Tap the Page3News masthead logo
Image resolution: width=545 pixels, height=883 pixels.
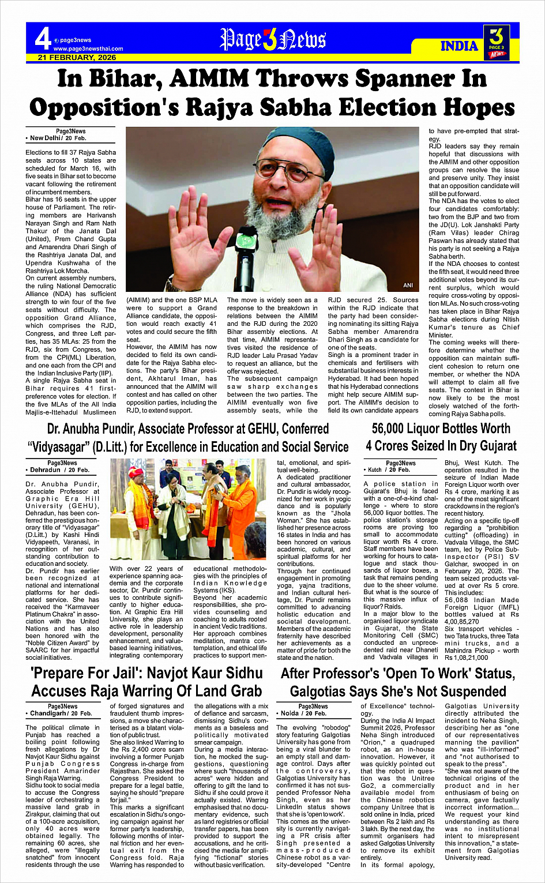(x=273, y=40)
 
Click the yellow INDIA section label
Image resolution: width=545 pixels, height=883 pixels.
(x=459, y=46)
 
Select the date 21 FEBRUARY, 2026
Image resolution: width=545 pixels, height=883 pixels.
(x=77, y=57)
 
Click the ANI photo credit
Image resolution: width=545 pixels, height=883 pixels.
(x=408, y=285)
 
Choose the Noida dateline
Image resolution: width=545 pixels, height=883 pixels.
(x=294, y=713)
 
